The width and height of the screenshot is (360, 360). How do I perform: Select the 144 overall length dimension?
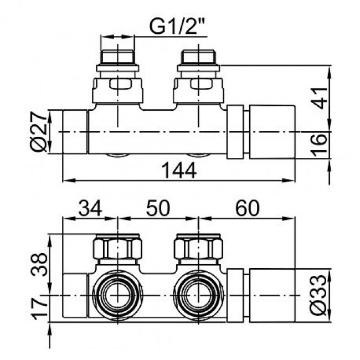click(179, 171)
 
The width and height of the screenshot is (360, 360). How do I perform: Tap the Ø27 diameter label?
click(39, 132)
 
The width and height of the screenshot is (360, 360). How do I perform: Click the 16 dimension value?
click(319, 145)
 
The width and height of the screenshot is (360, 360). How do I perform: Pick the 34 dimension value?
click(90, 208)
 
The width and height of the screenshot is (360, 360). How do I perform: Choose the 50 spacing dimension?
click(158, 208)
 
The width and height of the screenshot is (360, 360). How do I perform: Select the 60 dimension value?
click(248, 208)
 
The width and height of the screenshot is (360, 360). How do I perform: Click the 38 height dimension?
click(39, 264)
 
